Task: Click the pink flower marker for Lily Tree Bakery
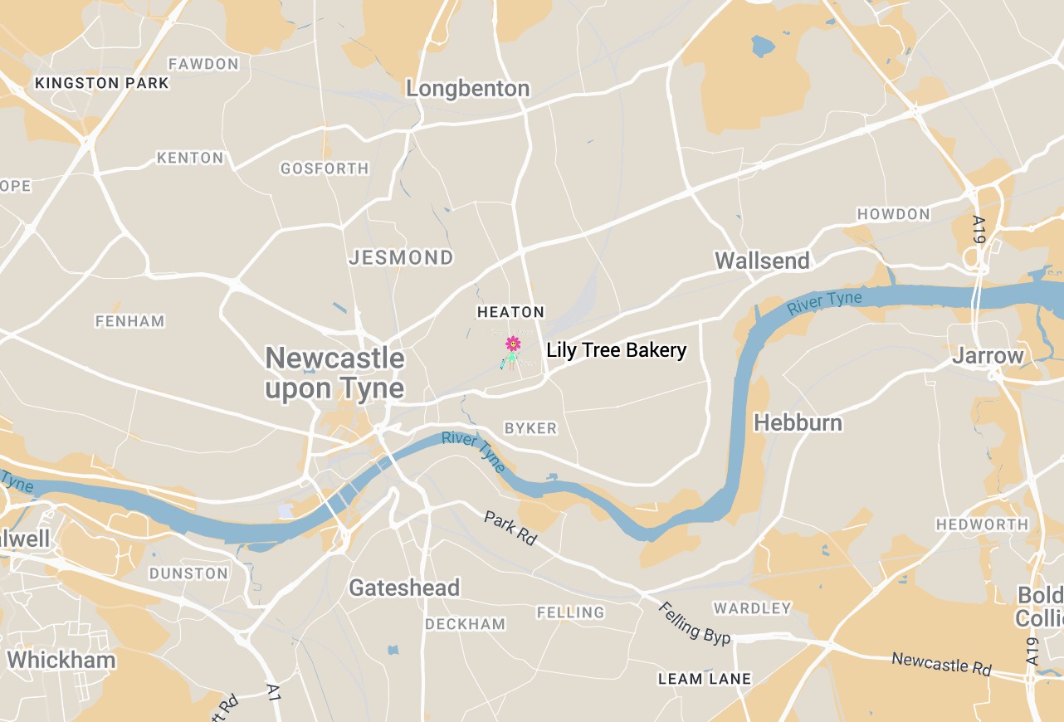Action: (513, 343)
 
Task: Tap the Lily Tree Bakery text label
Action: (616, 350)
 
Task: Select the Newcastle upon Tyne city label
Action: (334, 373)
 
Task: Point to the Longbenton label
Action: (467, 89)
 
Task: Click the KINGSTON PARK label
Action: (102, 83)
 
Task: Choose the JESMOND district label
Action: (401, 257)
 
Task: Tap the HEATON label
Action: (510, 312)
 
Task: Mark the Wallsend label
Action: (762, 261)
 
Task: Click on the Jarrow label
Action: (988, 356)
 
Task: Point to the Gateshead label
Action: (404, 588)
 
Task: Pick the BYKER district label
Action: (531, 428)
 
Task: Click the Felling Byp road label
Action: (695, 622)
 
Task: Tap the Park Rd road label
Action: (510, 528)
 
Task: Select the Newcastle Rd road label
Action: (941, 664)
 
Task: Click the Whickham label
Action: (61, 661)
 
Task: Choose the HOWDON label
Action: (893, 214)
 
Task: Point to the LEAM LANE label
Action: (704, 679)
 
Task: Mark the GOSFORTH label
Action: (325, 168)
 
